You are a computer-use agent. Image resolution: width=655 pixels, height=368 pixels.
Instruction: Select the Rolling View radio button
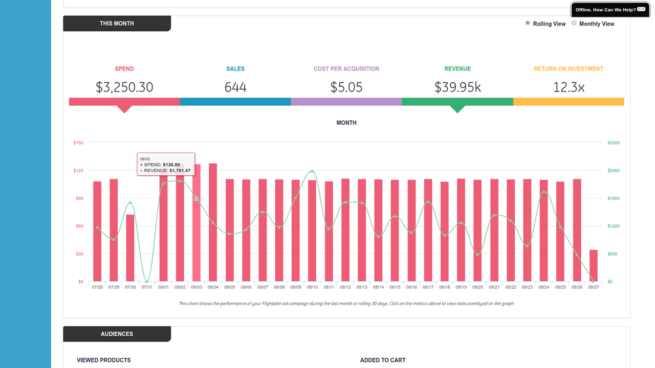[x=528, y=23]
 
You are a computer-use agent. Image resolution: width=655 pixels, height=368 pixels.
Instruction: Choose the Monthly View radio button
[x=574, y=23]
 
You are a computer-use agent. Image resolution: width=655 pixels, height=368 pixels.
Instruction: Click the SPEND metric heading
[x=124, y=68]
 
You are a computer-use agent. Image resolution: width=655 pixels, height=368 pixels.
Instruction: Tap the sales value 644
[x=235, y=87]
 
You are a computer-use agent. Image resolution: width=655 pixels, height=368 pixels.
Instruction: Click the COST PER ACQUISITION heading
[x=346, y=68]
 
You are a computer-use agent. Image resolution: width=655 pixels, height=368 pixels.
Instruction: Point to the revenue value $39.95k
[x=457, y=87]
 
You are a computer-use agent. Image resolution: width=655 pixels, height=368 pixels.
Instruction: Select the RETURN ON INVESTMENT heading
[x=569, y=68]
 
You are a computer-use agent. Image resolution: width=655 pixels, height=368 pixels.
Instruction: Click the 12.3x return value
[x=569, y=87]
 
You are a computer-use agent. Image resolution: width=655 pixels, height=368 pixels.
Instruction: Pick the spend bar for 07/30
[x=130, y=248]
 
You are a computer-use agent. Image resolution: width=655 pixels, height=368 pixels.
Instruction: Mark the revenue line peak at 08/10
[x=312, y=171]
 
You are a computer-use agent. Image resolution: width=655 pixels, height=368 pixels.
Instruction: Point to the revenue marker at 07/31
[x=147, y=281]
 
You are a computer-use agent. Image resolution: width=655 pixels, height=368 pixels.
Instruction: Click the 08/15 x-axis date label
[x=395, y=287]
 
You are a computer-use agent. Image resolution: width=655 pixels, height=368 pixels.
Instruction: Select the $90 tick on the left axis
[x=78, y=198]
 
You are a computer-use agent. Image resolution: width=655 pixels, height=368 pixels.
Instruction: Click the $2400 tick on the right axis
[x=613, y=171]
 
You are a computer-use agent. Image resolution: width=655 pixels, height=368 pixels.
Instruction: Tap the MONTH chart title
[x=346, y=123]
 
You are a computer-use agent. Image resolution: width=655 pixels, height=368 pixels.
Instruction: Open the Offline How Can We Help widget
[x=610, y=10]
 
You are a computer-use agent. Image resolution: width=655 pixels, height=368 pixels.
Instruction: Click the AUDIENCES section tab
[x=117, y=334]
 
